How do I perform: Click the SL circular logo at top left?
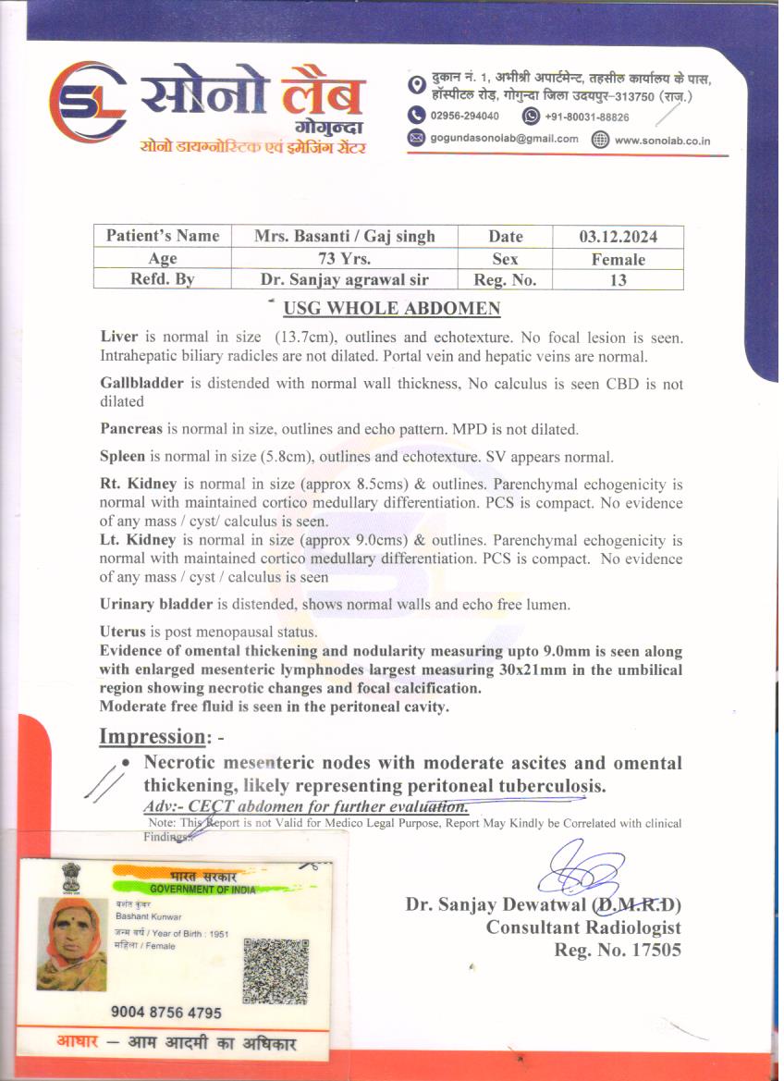(x=88, y=103)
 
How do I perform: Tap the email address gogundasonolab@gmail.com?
(x=504, y=139)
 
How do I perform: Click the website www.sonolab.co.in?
(x=662, y=141)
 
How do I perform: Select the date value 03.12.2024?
(x=618, y=237)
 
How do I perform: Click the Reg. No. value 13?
(x=618, y=280)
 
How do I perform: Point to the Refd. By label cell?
(x=162, y=280)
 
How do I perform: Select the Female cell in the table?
(x=618, y=259)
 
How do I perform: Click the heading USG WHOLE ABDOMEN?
(x=392, y=309)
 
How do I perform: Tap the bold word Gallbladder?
(x=142, y=384)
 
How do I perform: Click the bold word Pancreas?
(x=131, y=429)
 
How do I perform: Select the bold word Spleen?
(x=123, y=457)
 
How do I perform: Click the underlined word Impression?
(x=152, y=737)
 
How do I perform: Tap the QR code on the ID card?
(x=275, y=970)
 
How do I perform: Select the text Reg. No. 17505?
(x=617, y=950)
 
